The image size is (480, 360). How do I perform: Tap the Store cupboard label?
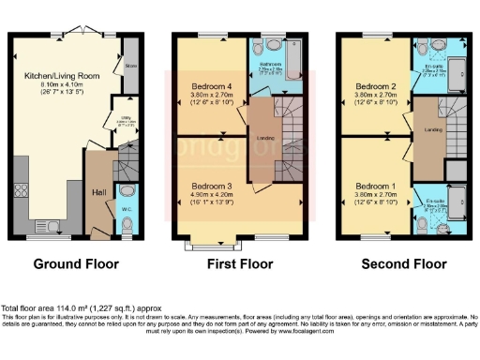click(x=130, y=67)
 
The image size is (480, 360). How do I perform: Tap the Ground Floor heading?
click(x=73, y=264)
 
